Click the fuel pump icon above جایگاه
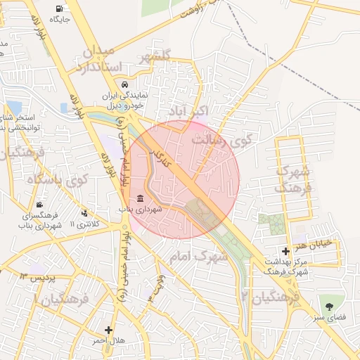(56, 8)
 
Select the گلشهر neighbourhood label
(155, 58)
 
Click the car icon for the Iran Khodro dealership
(124, 86)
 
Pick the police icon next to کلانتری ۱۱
(85, 213)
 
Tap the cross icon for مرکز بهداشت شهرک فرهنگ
(285, 251)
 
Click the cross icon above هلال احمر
(108, 329)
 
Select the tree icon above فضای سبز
(330, 305)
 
